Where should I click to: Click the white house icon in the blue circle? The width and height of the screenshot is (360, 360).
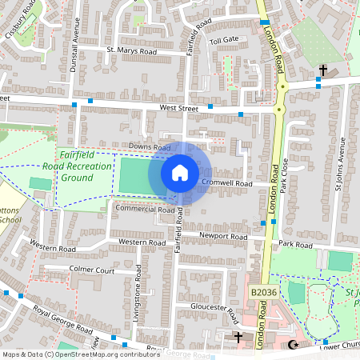click(180, 172)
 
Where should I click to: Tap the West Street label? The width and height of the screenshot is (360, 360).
click(178, 106)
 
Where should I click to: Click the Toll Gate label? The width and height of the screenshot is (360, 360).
click(224, 39)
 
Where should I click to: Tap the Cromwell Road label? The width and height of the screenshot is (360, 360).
click(226, 183)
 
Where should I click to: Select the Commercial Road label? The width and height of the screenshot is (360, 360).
click(145, 209)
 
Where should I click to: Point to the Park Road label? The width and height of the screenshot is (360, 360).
click(295, 242)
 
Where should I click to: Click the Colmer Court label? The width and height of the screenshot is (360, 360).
click(92, 270)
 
